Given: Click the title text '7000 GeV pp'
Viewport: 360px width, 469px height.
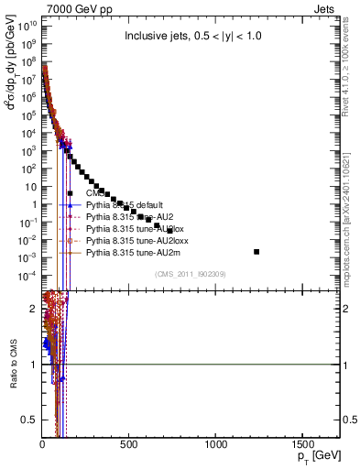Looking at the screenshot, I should pyautogui.click(x=71, y=7).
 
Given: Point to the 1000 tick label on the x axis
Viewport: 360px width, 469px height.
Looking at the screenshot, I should pyautogui.click(x=216, y=443).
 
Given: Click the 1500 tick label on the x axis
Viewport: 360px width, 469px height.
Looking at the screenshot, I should pyautogui.click(x=303, y=443).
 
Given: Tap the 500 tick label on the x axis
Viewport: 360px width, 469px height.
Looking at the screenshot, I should pyautogui.click(x=129, y=443).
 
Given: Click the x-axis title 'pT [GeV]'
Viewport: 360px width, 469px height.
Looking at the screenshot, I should pyautogui.click(x=315, y=456).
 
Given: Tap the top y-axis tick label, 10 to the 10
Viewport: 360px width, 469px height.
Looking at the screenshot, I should pyautogui.click(x=27, y=25).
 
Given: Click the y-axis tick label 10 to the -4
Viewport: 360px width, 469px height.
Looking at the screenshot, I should pyautogui.click(x=27, y=275).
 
